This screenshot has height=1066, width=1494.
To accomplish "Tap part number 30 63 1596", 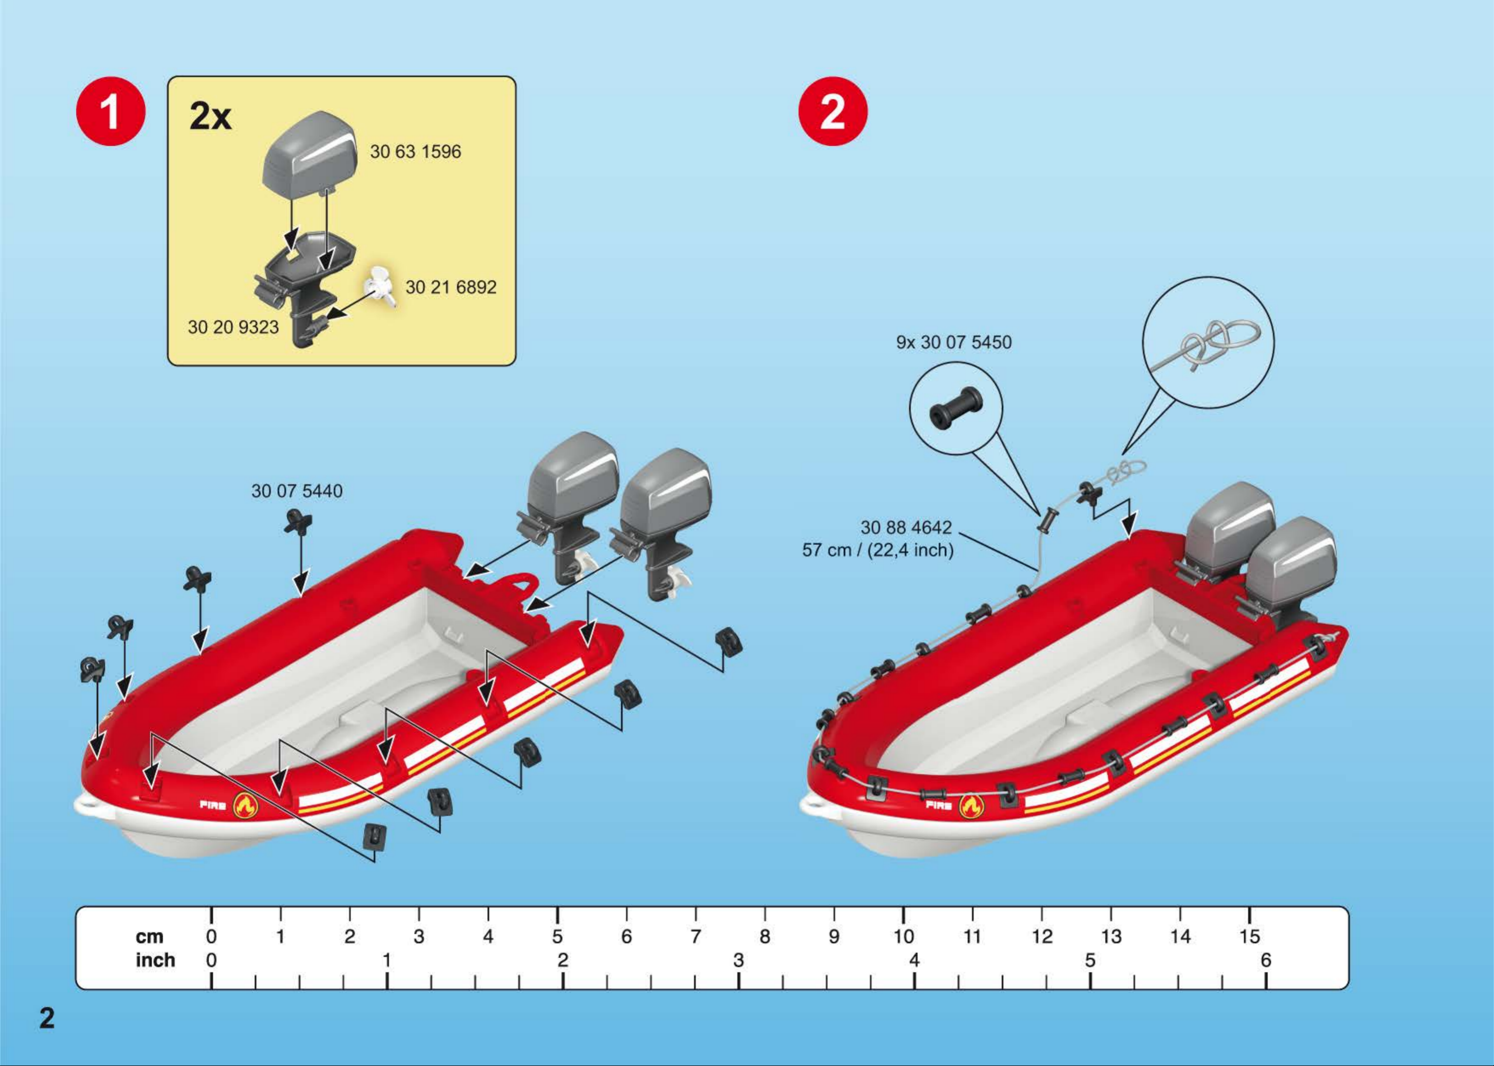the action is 415,152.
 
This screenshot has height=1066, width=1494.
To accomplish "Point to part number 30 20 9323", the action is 233,327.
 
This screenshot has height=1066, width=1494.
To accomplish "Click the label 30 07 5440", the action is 297,491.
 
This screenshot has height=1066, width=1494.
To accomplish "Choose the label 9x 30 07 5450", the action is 953,342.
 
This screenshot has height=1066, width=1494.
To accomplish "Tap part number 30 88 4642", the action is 905,527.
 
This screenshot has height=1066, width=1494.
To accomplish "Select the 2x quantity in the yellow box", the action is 210,117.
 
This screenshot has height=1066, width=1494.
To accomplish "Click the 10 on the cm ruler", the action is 903,936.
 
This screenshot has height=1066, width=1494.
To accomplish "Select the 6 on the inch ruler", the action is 1266,960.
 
